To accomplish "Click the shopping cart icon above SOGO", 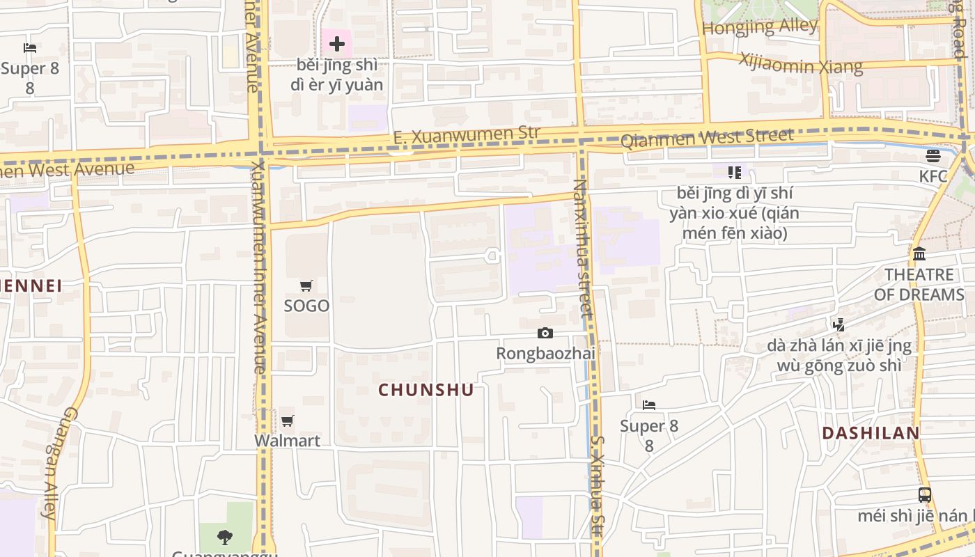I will tap(306, 285).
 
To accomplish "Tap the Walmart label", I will tap(287, 441).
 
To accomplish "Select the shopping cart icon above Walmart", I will tap(287, 421).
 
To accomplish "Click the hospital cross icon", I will tap(337, 45).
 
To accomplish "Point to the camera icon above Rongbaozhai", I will tap(545, 334).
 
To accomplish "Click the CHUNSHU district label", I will tap(426, 390).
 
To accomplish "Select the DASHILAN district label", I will tap(871, 433).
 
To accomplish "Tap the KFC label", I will tap(933, 176).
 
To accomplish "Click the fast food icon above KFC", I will tap(933, 155).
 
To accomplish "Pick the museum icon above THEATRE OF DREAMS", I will tap(919, 253).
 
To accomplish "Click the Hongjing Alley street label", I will tap(760, 27).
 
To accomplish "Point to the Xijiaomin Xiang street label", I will tap(801, 63).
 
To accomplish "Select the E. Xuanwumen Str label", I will tap(467, 135).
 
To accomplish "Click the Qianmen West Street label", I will tap(706, 138).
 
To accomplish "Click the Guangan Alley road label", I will tap(58, 463).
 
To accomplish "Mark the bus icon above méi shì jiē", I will tap(924, 495).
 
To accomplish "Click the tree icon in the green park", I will tap(224, 537).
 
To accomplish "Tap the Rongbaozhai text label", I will tap(545, 353).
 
